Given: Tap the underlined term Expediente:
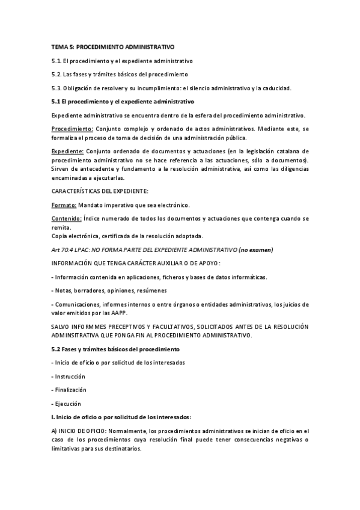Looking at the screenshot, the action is coord(68,151).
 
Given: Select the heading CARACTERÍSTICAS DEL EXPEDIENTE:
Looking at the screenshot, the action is coord(100,191).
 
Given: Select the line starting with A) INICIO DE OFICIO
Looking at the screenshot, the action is coord(180,431).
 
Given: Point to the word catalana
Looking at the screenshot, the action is coord(281,151).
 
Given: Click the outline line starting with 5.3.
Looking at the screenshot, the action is coord(171,88).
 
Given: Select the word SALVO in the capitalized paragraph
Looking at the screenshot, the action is coord(62,327).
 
